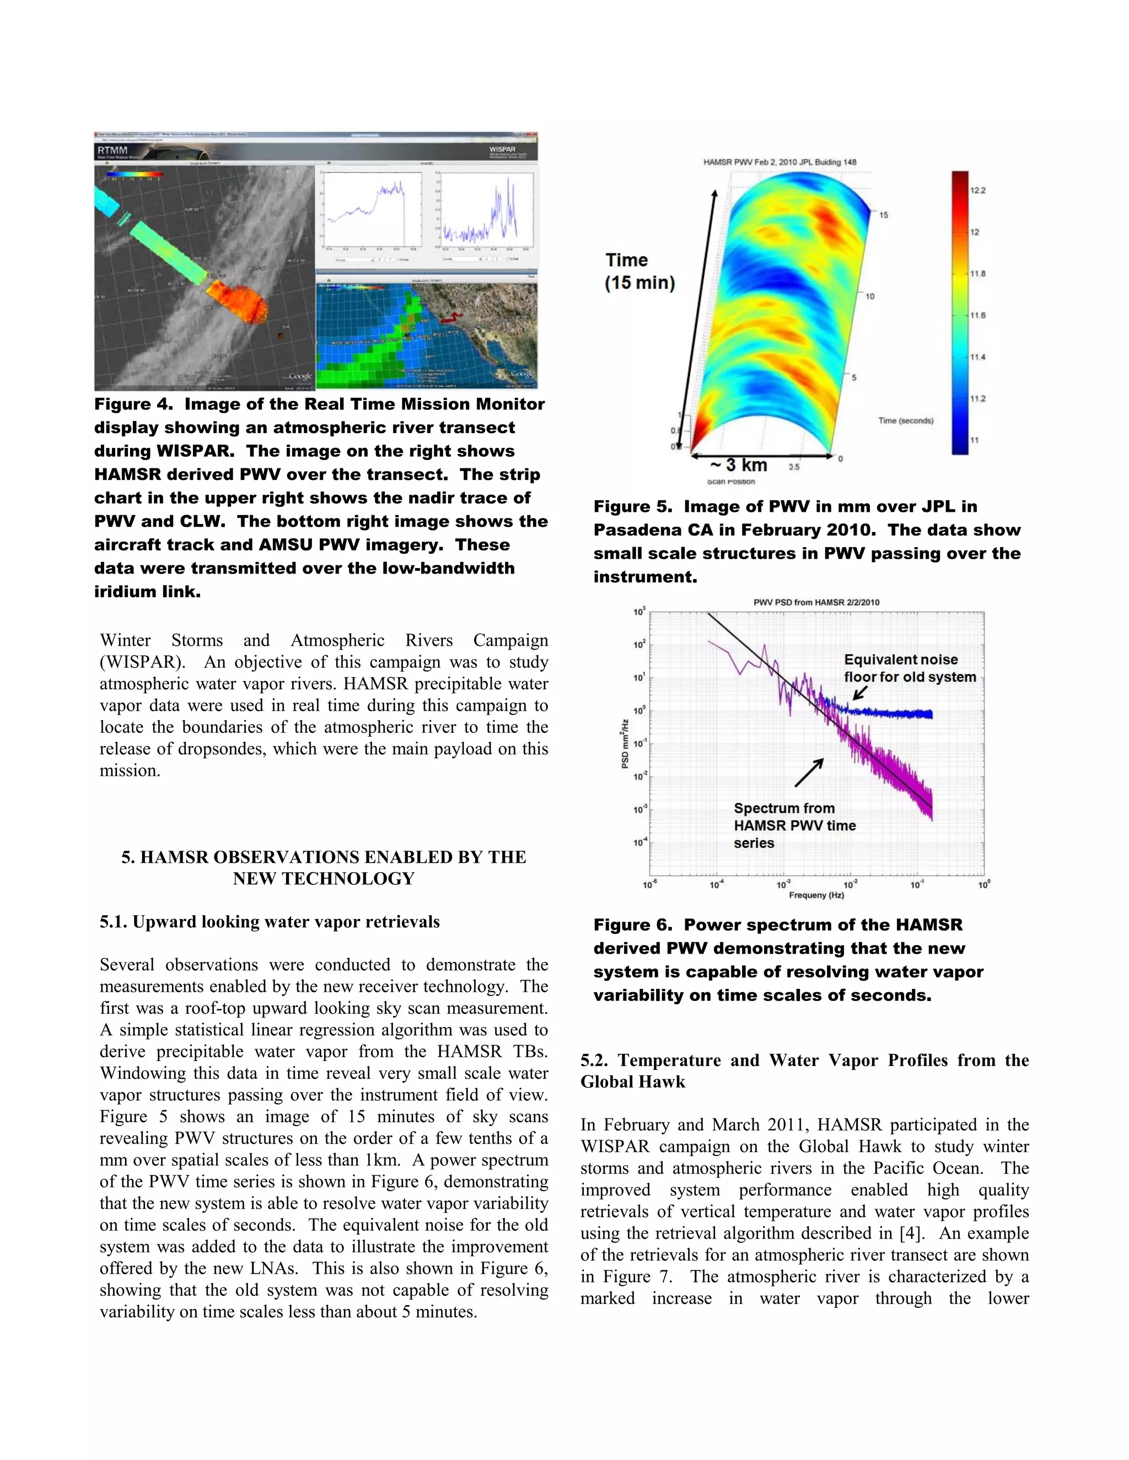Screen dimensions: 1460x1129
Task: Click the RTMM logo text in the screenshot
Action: pos(112,150)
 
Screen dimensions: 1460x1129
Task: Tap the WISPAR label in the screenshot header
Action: pos(502,150)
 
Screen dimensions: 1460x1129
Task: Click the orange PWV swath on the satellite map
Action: pos(238,300)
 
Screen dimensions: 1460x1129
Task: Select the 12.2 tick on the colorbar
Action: pos(977,191)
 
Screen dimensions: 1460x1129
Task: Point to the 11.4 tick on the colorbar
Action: pos(977,357)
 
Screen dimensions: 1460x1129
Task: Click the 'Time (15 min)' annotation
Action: pos(639,272)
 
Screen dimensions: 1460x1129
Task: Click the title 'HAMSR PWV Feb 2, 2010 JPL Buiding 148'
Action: pos(779,162)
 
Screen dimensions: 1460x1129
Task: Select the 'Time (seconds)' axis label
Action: pos(906,420)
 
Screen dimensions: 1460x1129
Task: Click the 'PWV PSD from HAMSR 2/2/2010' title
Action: pos(816,602)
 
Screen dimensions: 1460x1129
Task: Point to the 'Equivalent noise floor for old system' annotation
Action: pos(910,668)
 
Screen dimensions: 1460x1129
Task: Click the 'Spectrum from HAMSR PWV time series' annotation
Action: pos(794,826)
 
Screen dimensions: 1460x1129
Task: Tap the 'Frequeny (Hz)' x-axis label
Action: pos(816,895)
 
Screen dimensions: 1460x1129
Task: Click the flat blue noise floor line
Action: pos(890,714)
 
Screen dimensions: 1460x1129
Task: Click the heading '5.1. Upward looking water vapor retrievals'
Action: pos(270,922)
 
